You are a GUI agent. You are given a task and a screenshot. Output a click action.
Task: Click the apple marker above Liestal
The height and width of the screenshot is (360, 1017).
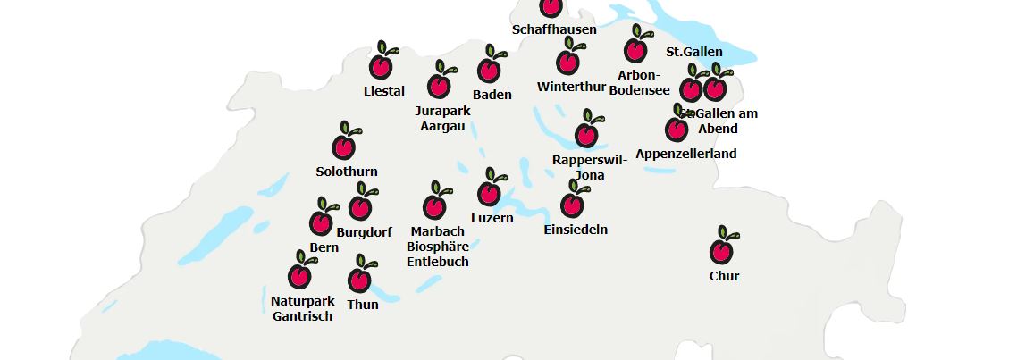click(381, 64)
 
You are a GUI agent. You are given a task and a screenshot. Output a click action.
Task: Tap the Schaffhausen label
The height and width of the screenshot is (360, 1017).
click(554, 29)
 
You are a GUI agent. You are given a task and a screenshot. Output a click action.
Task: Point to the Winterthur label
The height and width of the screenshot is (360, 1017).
click(572, 87)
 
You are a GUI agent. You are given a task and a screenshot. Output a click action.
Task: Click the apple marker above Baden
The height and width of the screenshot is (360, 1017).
click(489, 68)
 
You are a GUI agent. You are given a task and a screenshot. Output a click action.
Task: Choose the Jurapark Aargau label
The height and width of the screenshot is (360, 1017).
click(442, 118)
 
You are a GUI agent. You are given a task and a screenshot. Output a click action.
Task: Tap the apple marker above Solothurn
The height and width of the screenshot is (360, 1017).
click(344, 145)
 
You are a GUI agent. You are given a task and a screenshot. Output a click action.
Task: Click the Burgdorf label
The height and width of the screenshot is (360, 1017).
click(364, 232)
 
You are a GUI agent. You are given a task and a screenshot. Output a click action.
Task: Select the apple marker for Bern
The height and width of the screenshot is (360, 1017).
click(321, 222)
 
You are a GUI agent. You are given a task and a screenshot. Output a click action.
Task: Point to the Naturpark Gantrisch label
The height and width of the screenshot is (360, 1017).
click(302, 308)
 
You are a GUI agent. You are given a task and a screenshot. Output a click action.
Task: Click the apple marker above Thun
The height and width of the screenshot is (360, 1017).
click(360, 278)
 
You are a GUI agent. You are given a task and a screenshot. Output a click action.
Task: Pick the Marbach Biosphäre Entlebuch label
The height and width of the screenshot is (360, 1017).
click(438, 247)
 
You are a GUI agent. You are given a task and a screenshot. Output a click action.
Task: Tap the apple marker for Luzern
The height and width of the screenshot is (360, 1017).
click(488, 191)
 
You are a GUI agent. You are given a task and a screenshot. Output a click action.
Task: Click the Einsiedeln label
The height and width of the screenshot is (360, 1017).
click(576, 230)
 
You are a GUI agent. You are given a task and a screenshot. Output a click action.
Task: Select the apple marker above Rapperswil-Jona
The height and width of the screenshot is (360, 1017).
click(586, 133)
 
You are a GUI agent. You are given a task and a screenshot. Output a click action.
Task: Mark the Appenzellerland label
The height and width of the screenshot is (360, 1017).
click(686, 154)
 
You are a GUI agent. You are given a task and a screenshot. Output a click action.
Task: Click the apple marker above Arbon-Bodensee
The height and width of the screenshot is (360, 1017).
click(636, 48)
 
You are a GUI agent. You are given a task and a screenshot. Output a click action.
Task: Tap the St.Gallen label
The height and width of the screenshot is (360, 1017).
click(694, 52)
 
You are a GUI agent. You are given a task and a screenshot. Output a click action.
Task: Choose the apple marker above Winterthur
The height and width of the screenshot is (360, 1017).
click(567, 60)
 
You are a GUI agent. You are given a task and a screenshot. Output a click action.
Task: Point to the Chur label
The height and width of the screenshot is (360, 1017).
click(724, 276)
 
